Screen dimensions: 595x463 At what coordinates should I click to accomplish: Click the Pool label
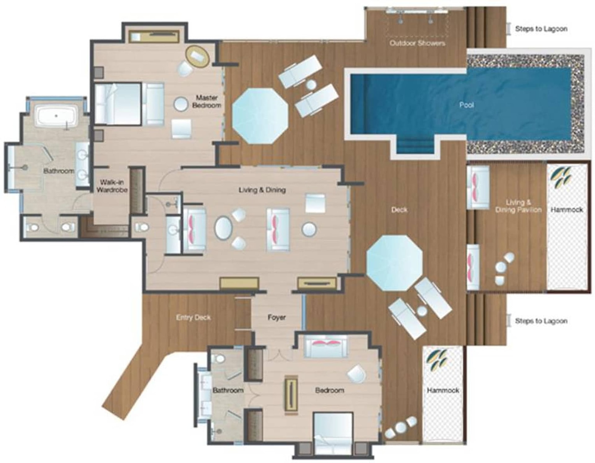click(466, 105)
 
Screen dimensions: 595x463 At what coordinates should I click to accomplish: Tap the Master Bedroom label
click(207, 101)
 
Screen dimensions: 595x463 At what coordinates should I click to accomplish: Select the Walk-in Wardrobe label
click(112, 186)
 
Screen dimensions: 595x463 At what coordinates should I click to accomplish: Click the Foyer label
click(276, 317)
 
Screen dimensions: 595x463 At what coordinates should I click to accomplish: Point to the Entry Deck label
click(193, 317)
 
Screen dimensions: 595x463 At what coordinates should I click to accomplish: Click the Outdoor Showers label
click(417, 43)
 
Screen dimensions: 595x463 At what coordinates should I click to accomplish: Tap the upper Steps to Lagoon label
click(541, 29)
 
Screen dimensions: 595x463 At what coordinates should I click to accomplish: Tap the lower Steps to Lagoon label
click(541, 321)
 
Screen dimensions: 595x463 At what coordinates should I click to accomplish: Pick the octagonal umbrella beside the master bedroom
click(260, 116)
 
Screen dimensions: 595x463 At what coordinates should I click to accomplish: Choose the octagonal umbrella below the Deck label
click(394, 263)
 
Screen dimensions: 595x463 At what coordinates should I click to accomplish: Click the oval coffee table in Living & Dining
click(223, 228)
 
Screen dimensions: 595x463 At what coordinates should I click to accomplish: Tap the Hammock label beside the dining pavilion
click(567, 210)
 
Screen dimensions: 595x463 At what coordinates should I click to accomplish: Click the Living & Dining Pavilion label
click(518, 206)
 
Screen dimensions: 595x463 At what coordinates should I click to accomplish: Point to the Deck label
click(399, 210)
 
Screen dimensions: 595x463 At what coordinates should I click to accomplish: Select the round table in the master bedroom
click(181, 104)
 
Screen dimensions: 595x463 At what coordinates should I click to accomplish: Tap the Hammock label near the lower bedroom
click(443, 390)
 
